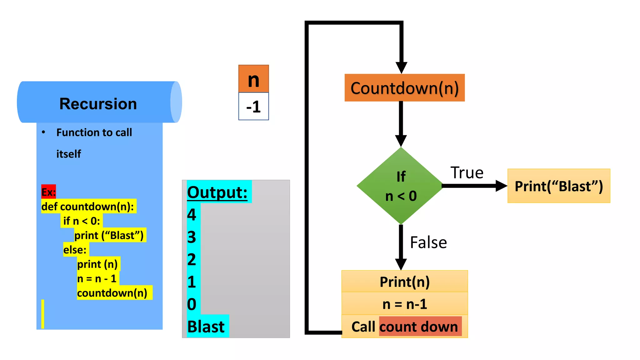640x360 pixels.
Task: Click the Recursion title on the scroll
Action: click(98, 104)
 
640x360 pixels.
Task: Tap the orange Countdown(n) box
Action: click(404, 88)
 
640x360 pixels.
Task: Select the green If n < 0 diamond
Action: click(401, 186)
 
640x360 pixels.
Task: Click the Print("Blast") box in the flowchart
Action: click(559, 186)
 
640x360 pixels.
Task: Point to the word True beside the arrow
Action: click(467, 173)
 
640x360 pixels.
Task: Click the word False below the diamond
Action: click(428, 242)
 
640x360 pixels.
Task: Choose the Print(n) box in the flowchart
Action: click(405, 282)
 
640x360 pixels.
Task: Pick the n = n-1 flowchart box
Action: click(405, 304)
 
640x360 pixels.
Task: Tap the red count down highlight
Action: click(420, 327)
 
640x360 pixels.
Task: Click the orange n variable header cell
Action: click(253, 79)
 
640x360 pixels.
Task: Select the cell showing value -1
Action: click(253, 107)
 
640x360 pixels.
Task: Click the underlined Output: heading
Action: click(217, 192)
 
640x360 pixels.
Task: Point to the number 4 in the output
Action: click(192, 215)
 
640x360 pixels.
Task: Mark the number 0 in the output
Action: click(192, 304)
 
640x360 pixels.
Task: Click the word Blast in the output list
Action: click(206, 327)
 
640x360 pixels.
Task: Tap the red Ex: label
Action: click(48, 192)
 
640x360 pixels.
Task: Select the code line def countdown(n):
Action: click(88, 207)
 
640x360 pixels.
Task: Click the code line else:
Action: click(75, 250)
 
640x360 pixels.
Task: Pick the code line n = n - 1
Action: click(97, 278)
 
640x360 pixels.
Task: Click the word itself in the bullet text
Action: click(69, 154)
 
